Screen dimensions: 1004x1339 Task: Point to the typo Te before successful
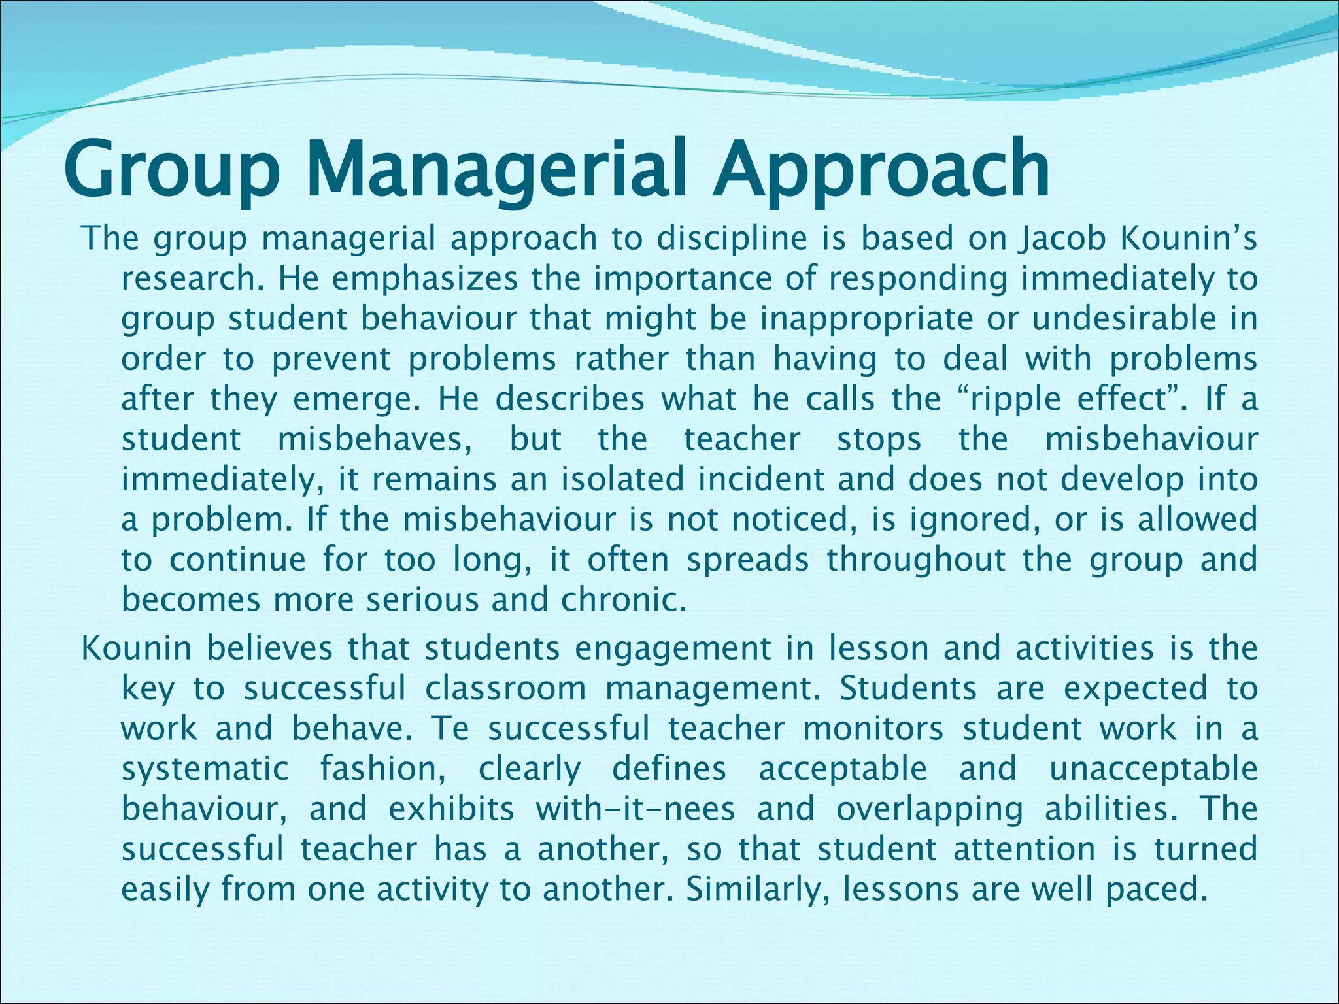point(450,729)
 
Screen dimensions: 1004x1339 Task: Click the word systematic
point(205,769)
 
